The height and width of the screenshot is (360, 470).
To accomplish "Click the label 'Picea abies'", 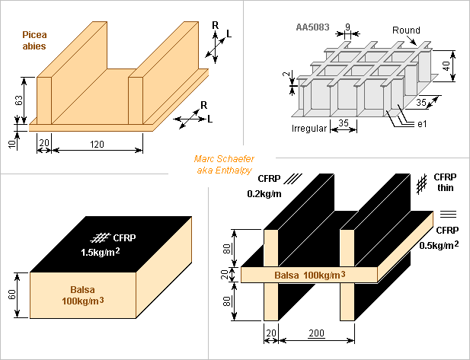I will (34, 40).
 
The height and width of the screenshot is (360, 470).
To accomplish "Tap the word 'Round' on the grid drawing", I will (406, 30).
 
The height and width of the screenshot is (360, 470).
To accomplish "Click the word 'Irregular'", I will (309, 129).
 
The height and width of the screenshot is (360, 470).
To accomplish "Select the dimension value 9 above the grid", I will (347, 27).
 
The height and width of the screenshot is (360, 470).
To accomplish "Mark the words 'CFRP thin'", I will (445, 183).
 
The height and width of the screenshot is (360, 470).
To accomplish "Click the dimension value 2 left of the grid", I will (287, 75).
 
